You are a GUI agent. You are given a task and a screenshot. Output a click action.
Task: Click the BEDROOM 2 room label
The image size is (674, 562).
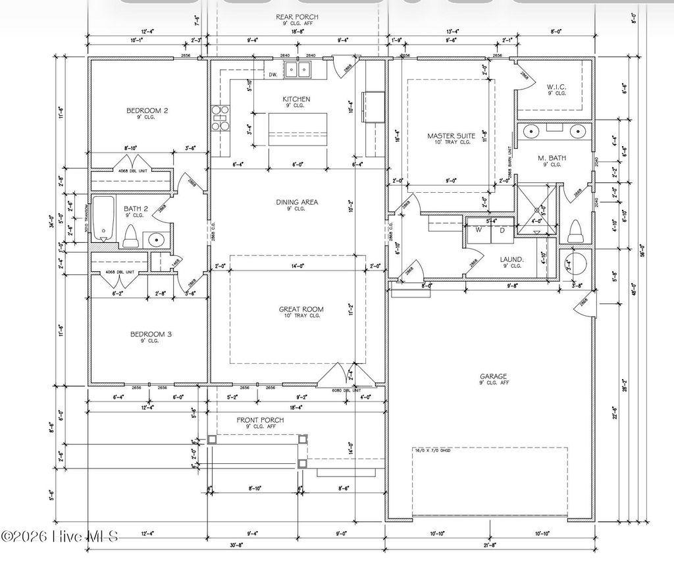pos(147,111)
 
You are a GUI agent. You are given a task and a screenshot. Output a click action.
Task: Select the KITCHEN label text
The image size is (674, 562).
pos(296,99)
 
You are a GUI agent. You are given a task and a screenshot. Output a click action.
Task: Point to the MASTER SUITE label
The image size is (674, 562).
pos(451,136)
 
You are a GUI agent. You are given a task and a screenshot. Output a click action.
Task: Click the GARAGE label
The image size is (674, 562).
pos(493,376)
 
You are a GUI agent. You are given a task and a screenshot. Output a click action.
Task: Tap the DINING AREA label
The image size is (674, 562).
pos(296,202)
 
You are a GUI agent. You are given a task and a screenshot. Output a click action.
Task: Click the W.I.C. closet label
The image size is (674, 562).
pos(556,87)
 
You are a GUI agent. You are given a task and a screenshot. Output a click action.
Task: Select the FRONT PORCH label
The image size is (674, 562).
pos(260,419)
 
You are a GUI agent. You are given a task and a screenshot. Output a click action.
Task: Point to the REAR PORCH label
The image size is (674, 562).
pos(298,16)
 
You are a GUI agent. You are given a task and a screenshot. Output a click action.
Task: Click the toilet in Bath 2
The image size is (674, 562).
pos(130,236)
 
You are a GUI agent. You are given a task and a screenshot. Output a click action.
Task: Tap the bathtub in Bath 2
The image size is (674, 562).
pos(103,219)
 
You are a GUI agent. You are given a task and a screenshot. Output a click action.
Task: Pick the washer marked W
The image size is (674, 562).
pos(479,230)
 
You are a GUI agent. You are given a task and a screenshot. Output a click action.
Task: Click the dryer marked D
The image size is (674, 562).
pos(501,230)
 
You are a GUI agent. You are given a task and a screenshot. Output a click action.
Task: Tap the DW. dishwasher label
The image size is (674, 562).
pos(273,75)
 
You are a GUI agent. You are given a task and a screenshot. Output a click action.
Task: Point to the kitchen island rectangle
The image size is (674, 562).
pos(298,129)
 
